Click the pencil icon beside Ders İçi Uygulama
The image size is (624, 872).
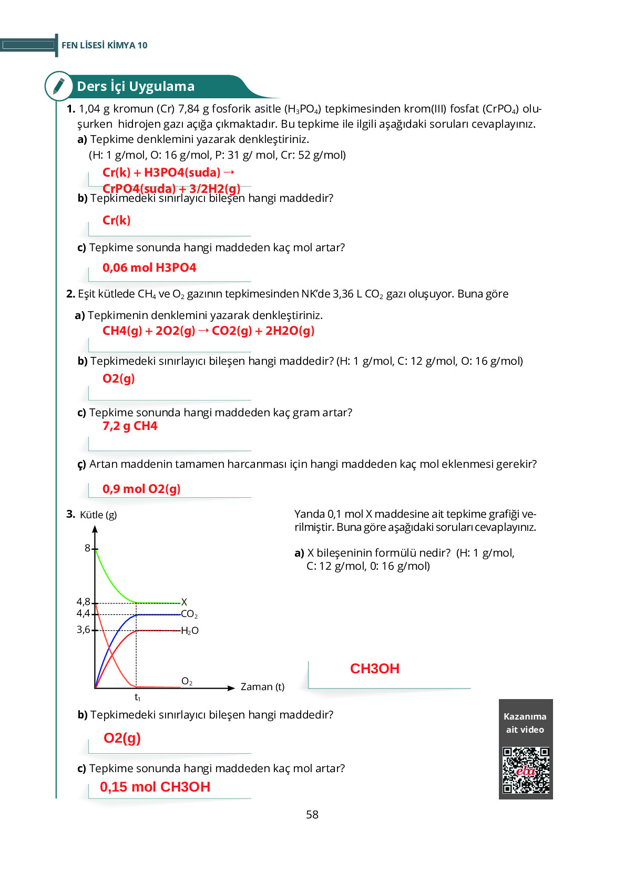click(59, 86)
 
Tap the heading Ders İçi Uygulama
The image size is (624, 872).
click(136, 86)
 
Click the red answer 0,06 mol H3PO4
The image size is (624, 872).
click(149, 268)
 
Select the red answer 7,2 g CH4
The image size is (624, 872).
click(130, 426)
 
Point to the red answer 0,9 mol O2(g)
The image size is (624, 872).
click(141, 489)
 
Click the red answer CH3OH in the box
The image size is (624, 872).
click(375, 669)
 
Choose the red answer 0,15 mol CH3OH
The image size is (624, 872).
click(155, 787)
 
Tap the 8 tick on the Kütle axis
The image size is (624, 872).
click(88, 548)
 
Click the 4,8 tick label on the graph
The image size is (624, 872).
click(84, 601)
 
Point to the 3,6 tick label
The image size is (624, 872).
click(84, 629)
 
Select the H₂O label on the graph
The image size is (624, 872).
click(190, 631)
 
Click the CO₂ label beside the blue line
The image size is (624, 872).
click(189, 614)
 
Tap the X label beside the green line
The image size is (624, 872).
click(184, 602)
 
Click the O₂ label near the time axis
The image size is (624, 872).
click(187, 681)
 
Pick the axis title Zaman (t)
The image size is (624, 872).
click(262, 686)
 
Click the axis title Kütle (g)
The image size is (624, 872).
click(98, 515)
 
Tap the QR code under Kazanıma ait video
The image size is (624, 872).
click(526, 770)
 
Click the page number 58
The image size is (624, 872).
click(312, 815)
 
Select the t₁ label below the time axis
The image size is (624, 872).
click(137, 697)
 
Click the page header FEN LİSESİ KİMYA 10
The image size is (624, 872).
click(105, 45)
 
